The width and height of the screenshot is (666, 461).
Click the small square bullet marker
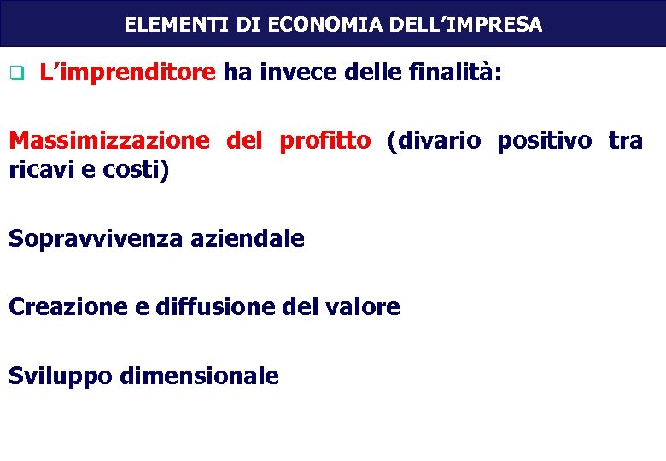(x=15, y=73)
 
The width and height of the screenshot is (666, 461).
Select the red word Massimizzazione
(x=108, y=141)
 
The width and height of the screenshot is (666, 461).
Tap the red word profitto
(x=325, y=141)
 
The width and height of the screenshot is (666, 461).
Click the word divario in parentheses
(x=435, y=141)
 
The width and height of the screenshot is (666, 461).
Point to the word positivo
(x=543, y=141)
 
